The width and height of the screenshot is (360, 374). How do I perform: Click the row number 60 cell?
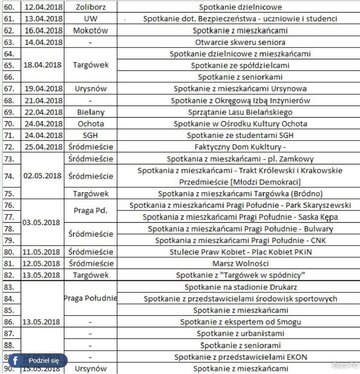[x=7, y=5]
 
